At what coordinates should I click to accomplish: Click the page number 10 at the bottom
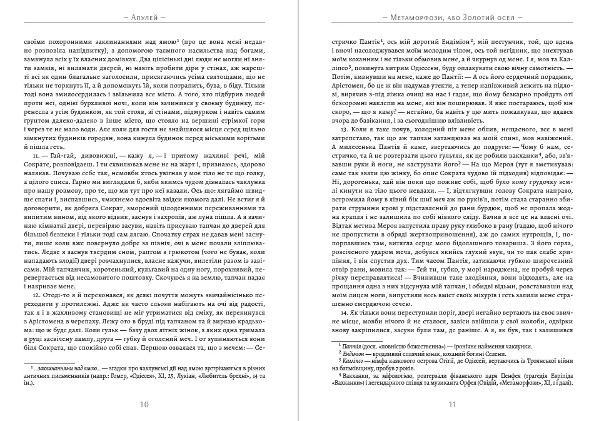point(144,404)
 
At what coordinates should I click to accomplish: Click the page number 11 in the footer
point(453,404)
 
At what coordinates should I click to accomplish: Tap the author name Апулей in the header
point(144,18)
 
